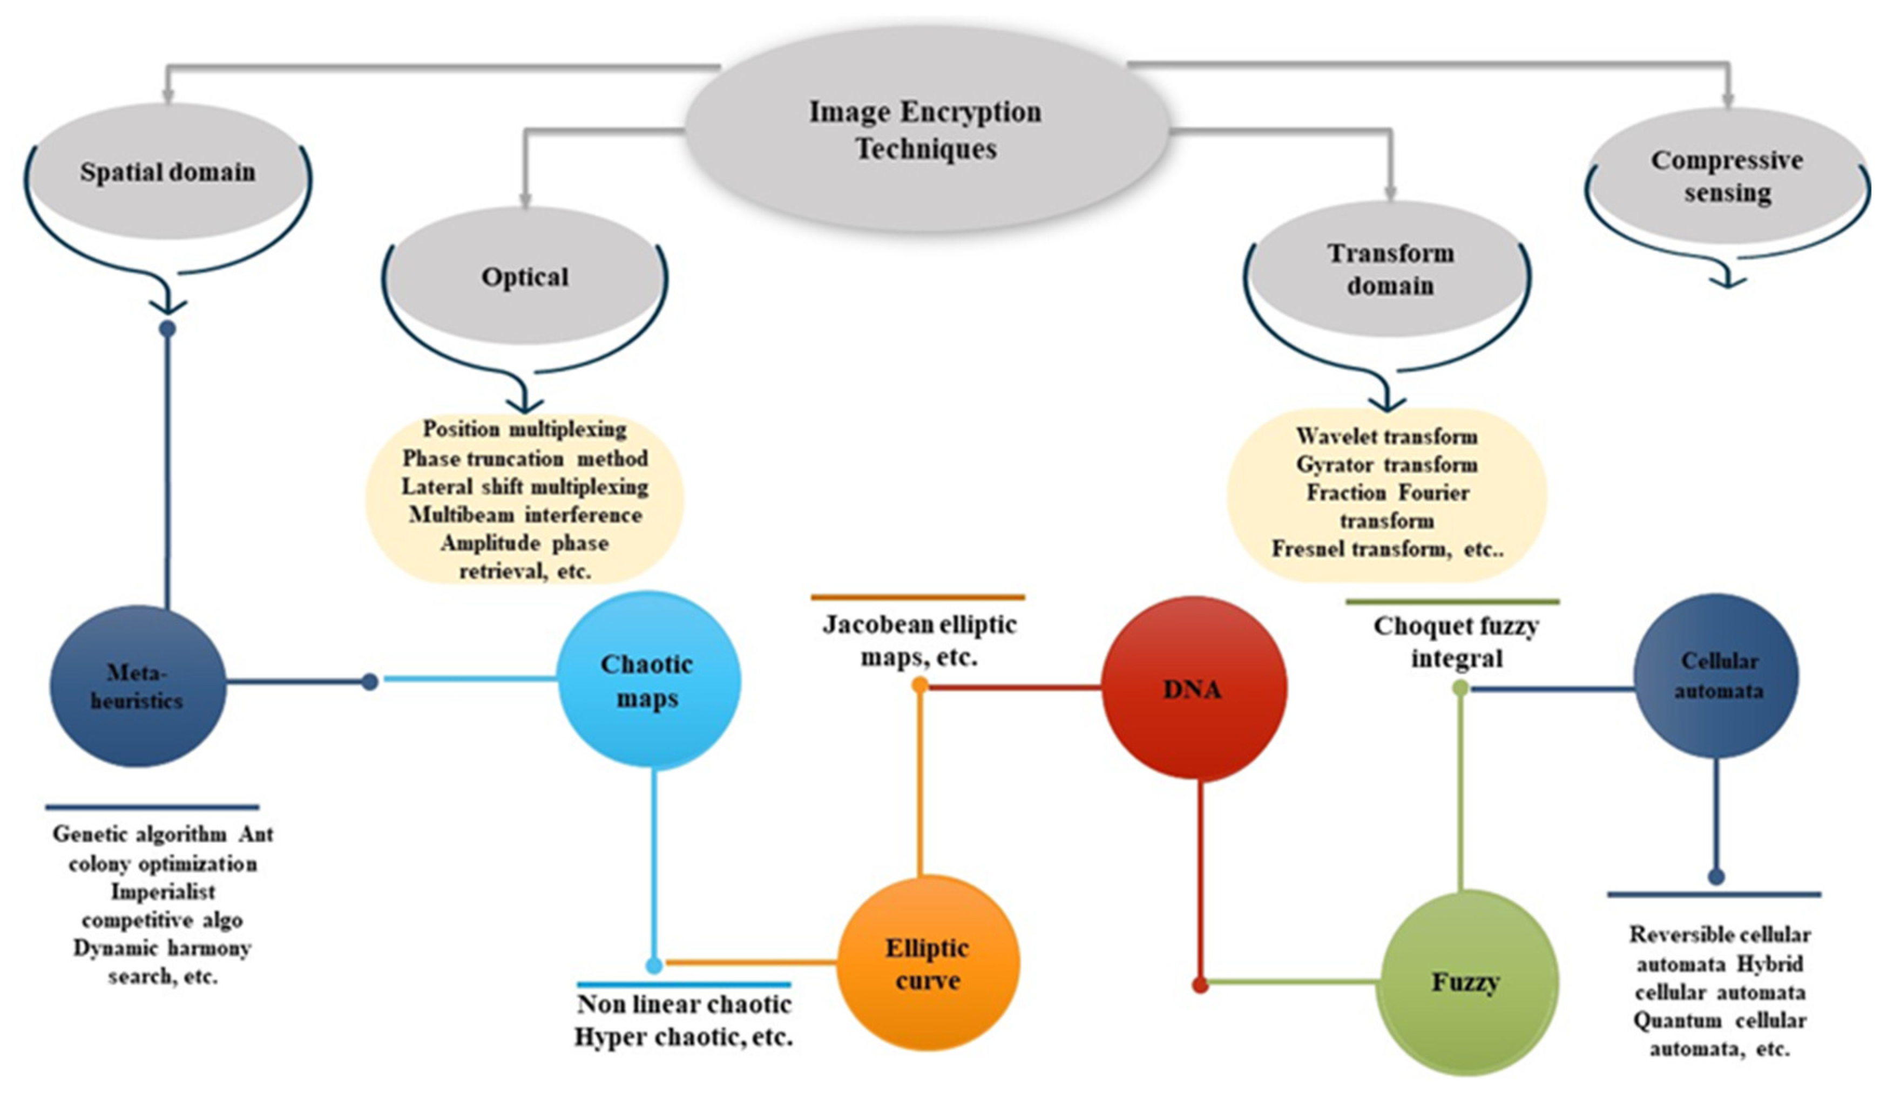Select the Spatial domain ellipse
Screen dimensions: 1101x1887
click(168, 172)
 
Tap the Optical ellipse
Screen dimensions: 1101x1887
click(524, 277)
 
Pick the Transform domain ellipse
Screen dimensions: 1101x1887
click(1390, 269)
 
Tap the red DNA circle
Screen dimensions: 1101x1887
click(1194, 689)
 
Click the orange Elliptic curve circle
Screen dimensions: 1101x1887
click(928, 963)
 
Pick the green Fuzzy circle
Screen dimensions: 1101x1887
click(1466, 982)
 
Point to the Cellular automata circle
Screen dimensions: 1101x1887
click(1717, 676)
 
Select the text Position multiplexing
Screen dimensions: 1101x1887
click(524, 430)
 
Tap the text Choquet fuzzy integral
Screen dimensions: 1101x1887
click(1456, 642)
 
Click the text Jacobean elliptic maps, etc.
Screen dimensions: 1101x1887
click(919, 641)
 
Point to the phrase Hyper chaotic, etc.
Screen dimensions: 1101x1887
click(683, 1037)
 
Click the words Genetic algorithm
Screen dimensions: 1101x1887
click(139, 834)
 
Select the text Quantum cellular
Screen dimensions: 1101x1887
click(1719, 1021)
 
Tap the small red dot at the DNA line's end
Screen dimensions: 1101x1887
click(1200, 985)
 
